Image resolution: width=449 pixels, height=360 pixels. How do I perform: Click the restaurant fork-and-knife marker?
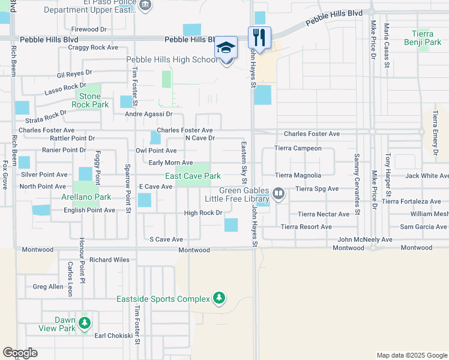259,37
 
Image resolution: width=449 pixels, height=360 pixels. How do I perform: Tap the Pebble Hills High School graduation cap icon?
226,48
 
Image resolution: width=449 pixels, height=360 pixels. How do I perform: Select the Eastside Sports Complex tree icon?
219,298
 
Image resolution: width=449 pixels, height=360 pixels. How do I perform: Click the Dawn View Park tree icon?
85,323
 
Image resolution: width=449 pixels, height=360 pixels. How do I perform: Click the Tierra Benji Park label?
427,38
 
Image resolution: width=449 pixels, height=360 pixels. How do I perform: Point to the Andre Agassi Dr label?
148,113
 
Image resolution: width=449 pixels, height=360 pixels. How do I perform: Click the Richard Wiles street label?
109,260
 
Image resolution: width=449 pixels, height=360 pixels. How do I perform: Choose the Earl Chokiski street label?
113,335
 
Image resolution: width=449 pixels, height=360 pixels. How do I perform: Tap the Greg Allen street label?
48,287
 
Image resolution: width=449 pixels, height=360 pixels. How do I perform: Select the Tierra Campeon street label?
298,148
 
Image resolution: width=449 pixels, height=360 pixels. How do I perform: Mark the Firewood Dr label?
88,29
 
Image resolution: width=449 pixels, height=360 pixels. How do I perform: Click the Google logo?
20,353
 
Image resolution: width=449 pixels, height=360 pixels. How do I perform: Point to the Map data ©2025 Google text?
411,355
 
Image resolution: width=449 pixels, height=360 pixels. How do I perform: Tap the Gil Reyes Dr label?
74,75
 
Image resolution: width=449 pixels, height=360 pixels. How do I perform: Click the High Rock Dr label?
203,213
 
